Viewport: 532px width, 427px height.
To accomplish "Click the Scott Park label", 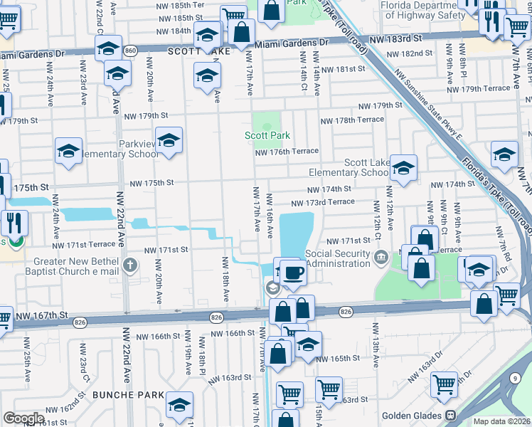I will click(x=267, y=135).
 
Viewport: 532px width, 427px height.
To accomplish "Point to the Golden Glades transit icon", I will click(x=450, y=415).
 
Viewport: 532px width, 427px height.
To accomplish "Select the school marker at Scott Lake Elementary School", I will click(x=403, y=168).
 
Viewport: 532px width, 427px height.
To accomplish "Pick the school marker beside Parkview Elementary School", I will click(x=169, y=141).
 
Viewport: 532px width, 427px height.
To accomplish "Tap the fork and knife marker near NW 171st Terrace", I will click(x=14, y=223).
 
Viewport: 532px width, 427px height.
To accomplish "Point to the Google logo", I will click(x=23, y=418).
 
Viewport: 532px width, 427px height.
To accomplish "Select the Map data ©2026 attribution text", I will click(x=502, y=421).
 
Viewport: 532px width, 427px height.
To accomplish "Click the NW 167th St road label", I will click(x=43, y=314).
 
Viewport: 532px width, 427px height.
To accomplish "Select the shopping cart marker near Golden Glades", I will click(x=445, y=384).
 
